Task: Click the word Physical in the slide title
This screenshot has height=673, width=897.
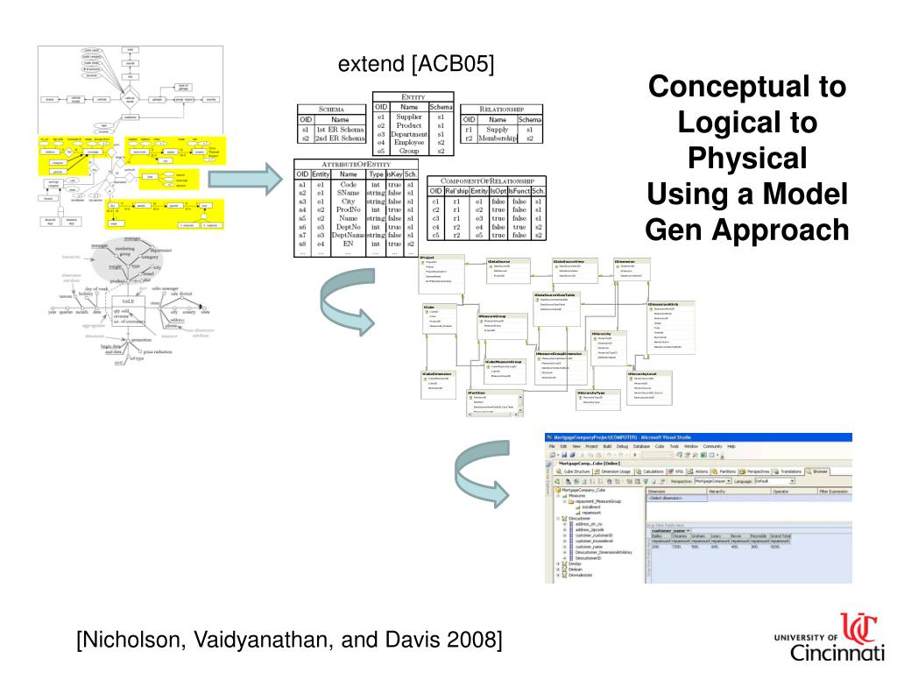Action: click(746, 159)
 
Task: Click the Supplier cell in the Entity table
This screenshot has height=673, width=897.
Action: click(408, 116)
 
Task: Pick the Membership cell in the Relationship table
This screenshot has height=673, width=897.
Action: click(498, 138)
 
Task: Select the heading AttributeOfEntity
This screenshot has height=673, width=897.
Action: click(356, 163)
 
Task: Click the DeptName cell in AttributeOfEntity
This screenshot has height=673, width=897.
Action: click(349, 234)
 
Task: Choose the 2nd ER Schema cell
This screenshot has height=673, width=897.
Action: click(339, 138)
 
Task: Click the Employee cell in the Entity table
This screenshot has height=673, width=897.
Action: click(408, 142)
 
